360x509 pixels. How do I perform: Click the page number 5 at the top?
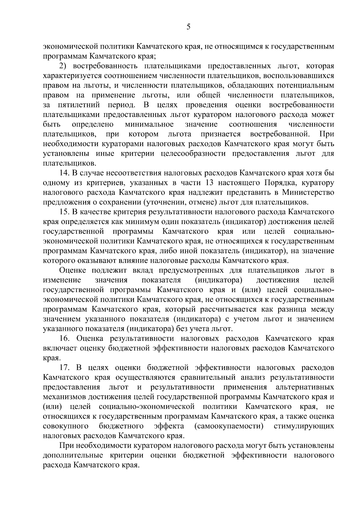click(x=188, y=27)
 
